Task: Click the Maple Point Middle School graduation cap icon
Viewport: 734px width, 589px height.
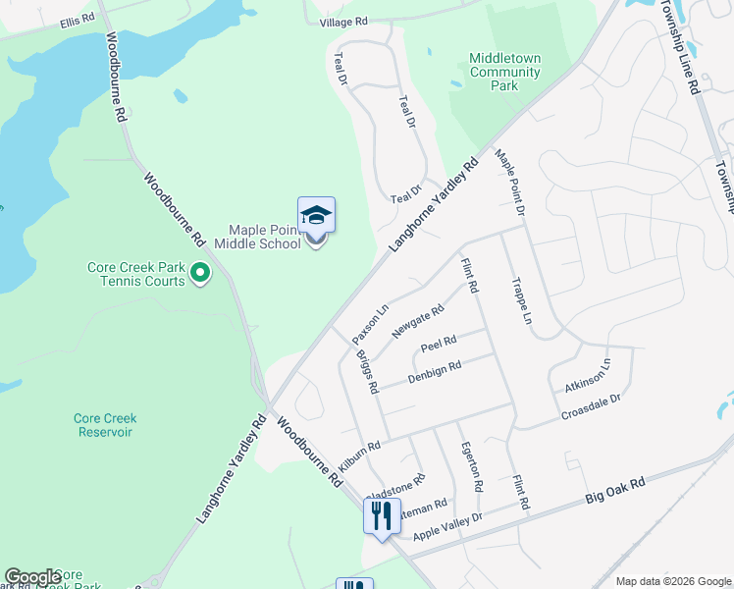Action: [x=316, y=215]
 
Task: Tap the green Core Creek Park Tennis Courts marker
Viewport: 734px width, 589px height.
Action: [x=200, y=272]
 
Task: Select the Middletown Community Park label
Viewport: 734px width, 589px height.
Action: [x=504, y=72]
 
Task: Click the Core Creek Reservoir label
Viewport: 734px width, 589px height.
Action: [x=104, y=425]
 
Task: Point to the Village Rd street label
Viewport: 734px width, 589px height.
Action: [x=347, y=21]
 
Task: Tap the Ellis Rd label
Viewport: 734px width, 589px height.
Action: [x=77, y=20]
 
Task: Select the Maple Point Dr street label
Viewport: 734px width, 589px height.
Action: [x=510, y=183]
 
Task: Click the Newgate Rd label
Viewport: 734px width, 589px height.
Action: [x=419, y=321]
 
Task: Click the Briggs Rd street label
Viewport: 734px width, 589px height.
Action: [x=366, y=371]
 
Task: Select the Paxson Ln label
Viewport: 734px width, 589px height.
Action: [x=371, y=325]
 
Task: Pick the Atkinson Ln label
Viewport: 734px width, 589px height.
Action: [x=587, y=376]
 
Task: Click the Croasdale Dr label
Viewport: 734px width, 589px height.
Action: [x=592, y=407]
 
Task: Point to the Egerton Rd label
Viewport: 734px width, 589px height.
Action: [x=471, y=465]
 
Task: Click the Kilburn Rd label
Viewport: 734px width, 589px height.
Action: [x=360, y=453]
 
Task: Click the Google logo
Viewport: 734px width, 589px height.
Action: [x=32, y=577]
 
